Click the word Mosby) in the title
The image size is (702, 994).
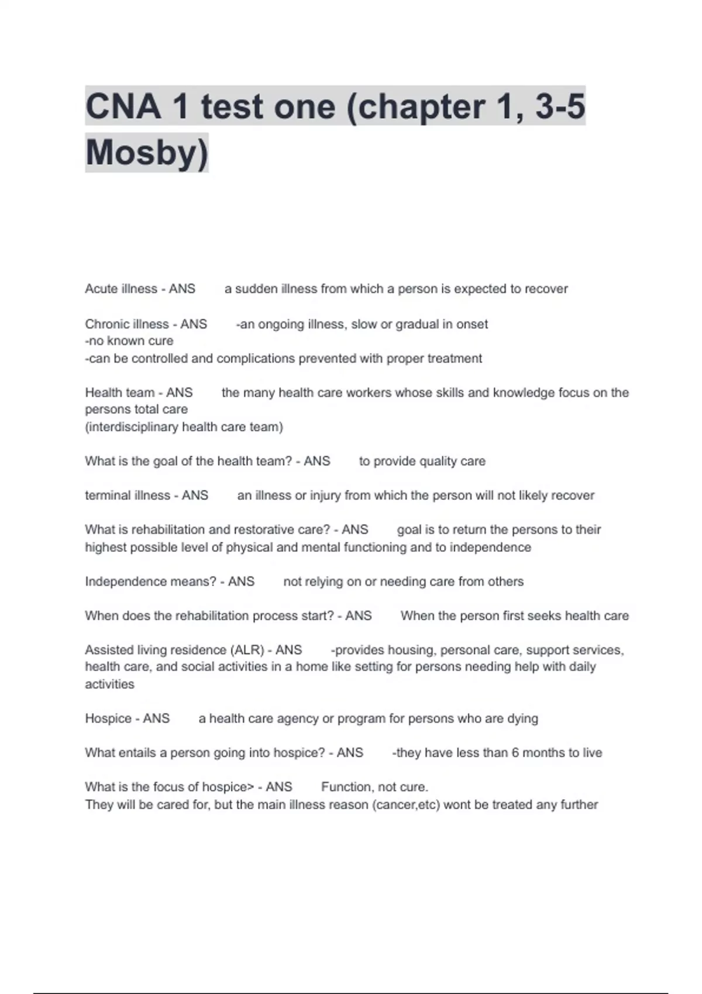coord(147,153)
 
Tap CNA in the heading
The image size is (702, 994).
coord(123,106)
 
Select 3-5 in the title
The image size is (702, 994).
coord(560,106)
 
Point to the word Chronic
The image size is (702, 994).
coord(105,324)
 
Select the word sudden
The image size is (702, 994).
coord(256,289)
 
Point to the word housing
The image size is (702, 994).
coord(411,650)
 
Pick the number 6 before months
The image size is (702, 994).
coord(515,753)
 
